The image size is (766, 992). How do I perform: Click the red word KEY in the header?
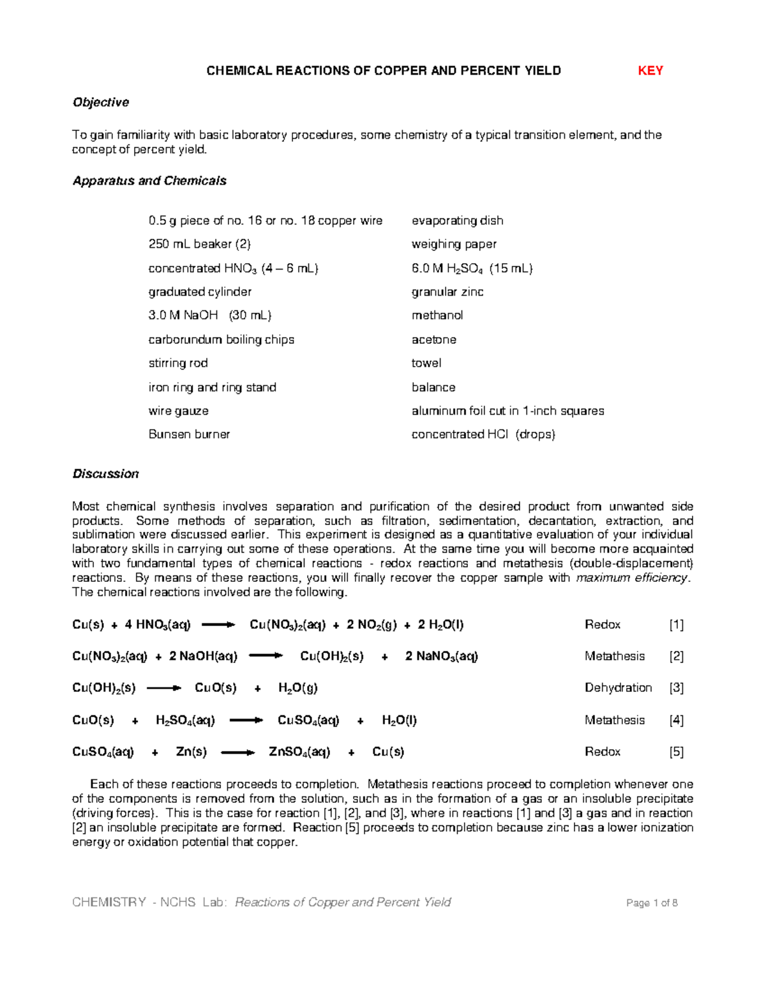pos(650,71)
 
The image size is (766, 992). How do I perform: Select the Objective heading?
pos(101,102)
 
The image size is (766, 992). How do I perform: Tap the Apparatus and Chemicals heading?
pos(149,181)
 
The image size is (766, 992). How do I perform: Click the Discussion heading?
pos(105,474)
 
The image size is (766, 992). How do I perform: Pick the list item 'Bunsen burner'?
pos(189,434)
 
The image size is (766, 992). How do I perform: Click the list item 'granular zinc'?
pos(447,292)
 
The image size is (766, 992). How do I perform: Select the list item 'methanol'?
pos(437,316)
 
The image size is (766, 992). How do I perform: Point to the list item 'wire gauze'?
pos(178,411)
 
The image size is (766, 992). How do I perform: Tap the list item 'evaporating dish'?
pos(457,220)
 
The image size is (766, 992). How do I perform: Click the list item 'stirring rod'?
pos(178,363)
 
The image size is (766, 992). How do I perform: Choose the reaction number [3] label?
pos(676,688)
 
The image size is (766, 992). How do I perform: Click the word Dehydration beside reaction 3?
pos(618,688)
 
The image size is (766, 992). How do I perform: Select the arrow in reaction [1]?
pos(218,625)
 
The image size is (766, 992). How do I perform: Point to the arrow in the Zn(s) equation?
pos(237,752)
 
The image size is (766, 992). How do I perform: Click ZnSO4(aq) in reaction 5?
pos(299,752)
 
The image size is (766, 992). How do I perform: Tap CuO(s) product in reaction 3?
pos(215,688)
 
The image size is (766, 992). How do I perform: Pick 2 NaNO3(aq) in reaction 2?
pos(441,657)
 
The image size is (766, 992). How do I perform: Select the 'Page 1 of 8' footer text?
pos(652,903)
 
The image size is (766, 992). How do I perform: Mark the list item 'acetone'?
pos(434,340)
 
